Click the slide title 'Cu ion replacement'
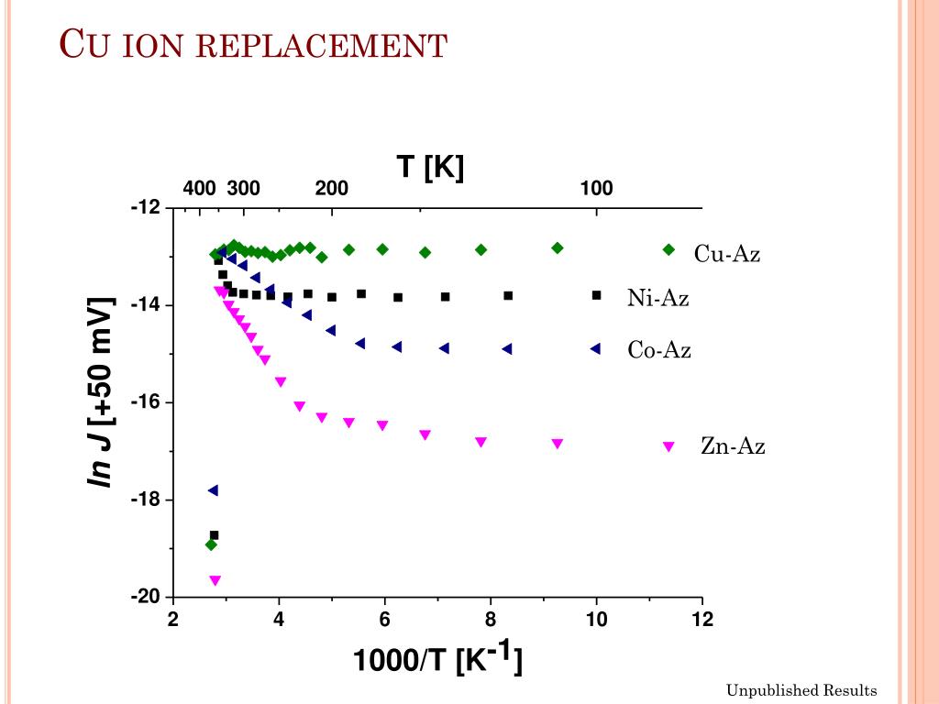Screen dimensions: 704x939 [253, 44]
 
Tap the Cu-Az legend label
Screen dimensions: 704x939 [727, 254]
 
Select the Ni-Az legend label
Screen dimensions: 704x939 [658, 297]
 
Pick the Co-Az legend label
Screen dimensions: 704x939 [659, 350]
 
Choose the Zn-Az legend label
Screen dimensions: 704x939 [733, 446]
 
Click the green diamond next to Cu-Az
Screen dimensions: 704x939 [668, 250]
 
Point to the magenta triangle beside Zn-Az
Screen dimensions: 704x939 [668, 446]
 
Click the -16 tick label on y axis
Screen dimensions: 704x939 [145, 402]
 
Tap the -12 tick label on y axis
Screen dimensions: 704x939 [145, 207]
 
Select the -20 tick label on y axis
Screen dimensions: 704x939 [145, 598]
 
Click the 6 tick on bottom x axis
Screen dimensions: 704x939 [385, 620]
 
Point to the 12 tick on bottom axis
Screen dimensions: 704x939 [702, 620]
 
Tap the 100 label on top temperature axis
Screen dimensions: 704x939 [596, 189]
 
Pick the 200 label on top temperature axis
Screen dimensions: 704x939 [332, 189]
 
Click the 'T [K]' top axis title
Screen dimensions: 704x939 [430, 167]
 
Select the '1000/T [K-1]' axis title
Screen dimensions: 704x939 [438, 660]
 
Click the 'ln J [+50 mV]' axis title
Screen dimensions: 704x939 [102, 392]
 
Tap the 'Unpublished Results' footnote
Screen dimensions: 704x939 [801, 690]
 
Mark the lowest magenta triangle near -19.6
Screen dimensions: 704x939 [215, 580]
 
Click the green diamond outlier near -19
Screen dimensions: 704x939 [211, 544]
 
